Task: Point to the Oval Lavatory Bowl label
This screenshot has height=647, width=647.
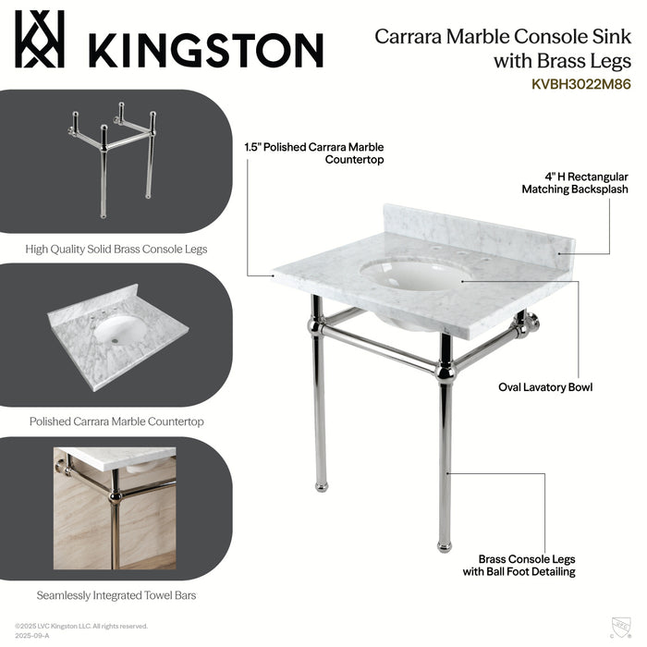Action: coord(544,387)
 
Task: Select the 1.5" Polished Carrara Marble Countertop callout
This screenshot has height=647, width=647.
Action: coord(313,153)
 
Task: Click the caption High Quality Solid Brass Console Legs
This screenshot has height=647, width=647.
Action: coord(116,249)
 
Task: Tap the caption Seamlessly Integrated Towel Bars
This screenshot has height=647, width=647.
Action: coord(116,595)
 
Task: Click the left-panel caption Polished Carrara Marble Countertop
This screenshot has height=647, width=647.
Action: coord(116,421)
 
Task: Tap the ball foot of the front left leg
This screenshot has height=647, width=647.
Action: coord(319,485)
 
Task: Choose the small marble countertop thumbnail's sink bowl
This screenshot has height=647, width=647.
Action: coord(116,330)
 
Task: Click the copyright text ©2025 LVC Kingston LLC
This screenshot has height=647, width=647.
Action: coord(81,626)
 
